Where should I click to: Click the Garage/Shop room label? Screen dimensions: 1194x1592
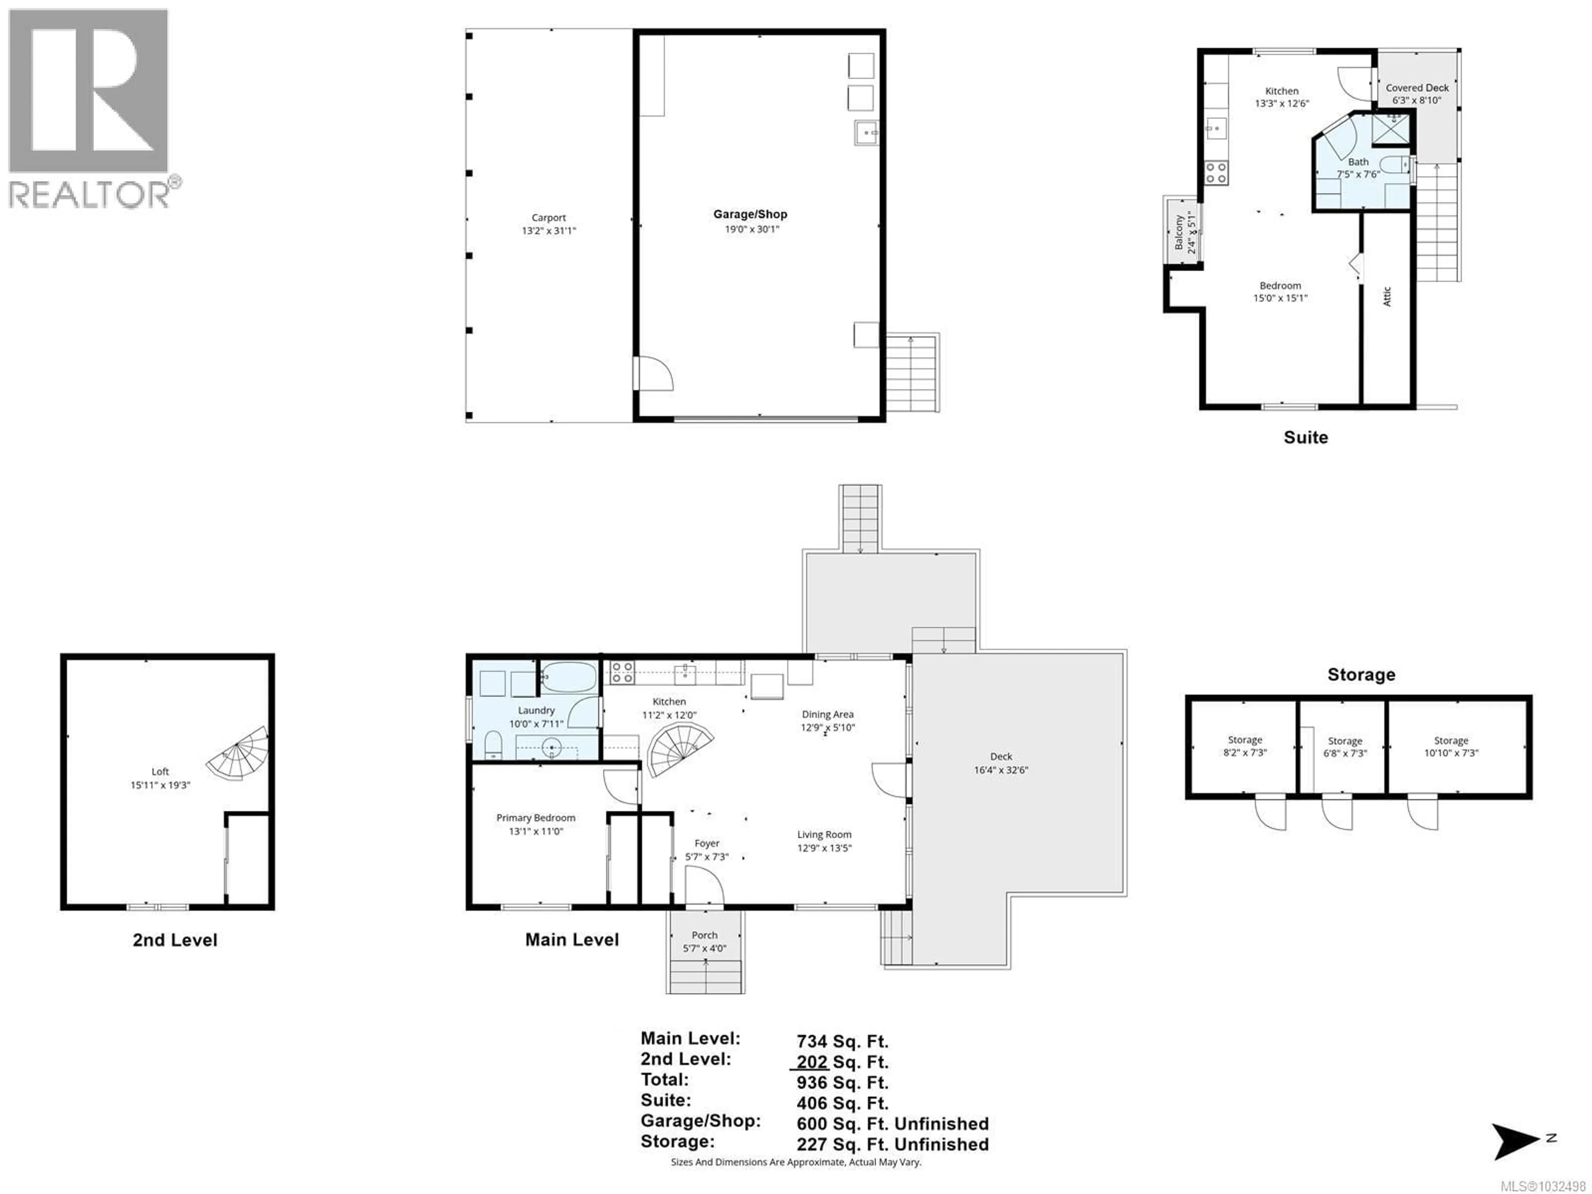point(750,214)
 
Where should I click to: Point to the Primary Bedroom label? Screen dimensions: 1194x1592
point(536,818)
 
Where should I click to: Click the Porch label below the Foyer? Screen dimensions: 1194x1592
point(705,935)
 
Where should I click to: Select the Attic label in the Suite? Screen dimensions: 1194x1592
point(1387,296)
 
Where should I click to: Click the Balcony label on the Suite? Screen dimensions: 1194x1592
point(1179,232)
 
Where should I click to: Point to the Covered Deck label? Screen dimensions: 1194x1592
point(1417,88)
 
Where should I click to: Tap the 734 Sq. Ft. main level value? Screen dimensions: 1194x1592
point(842,1041)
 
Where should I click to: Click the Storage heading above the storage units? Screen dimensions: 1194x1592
point(1361,675)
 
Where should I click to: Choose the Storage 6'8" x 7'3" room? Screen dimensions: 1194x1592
point(1344,746)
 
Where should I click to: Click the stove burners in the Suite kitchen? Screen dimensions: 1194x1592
point(1216,173)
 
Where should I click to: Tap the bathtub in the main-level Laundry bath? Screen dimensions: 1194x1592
point(568,677)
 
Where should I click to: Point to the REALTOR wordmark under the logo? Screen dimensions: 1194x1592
point(90,194)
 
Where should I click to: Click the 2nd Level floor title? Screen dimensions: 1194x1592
point(175,940)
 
